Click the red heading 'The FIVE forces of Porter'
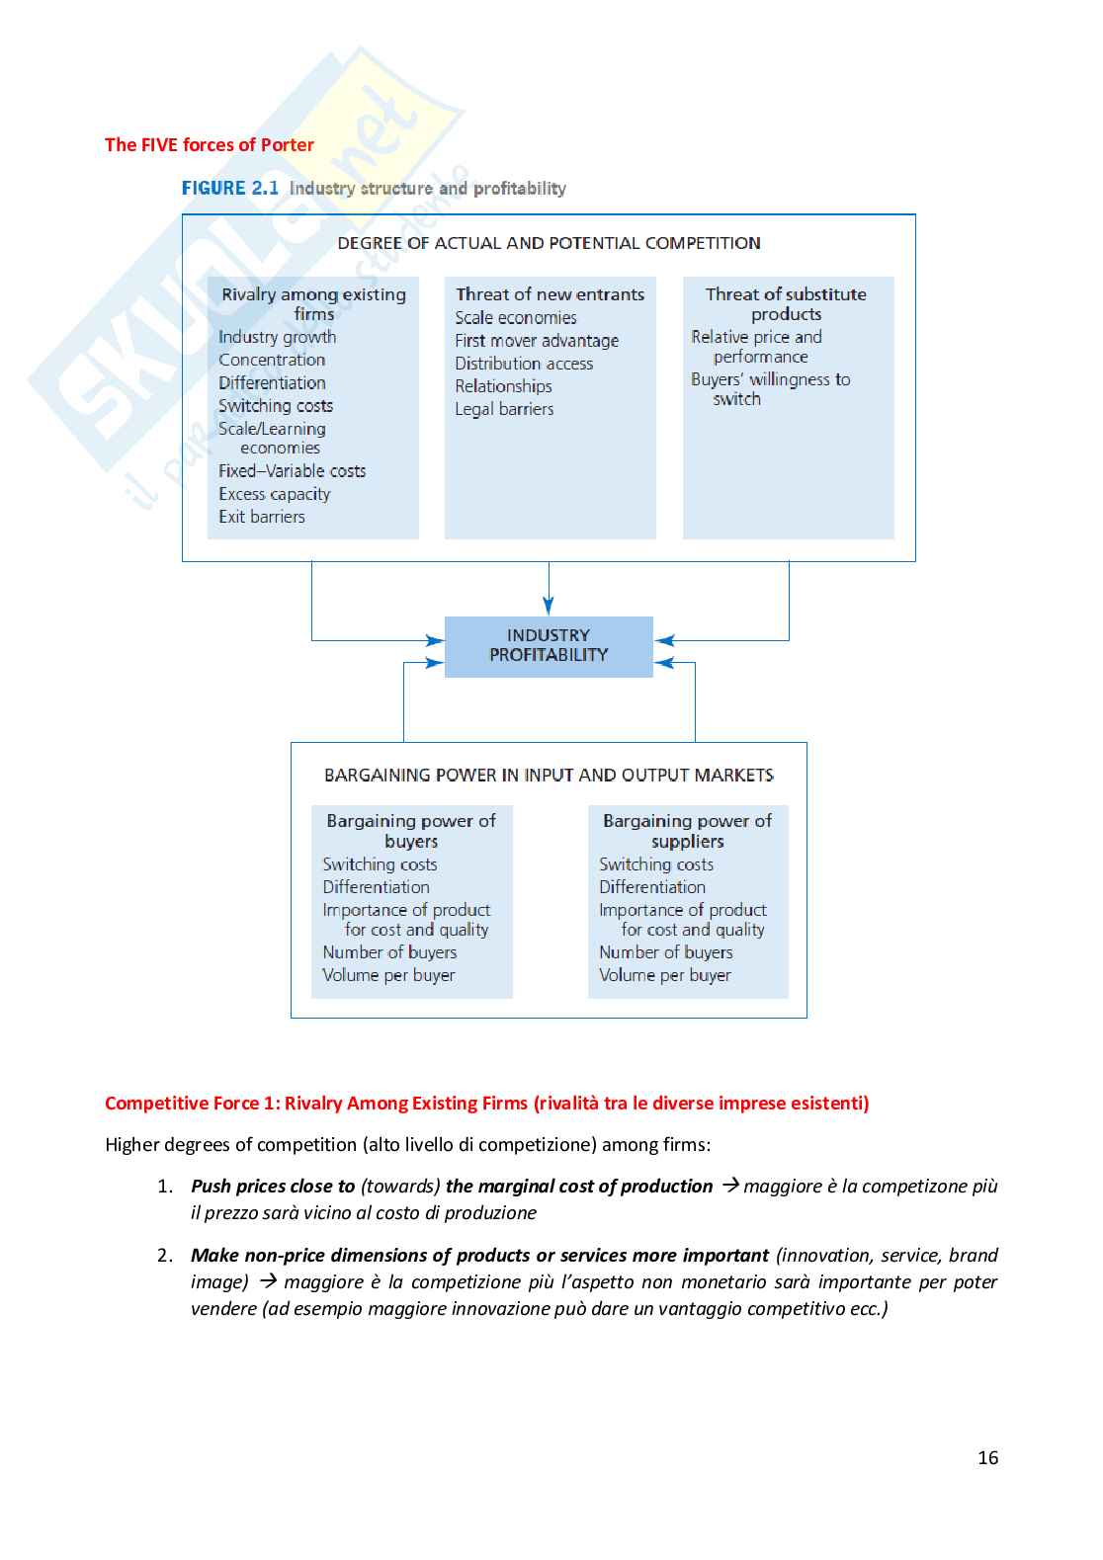click(209, 145)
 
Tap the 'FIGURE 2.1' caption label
click(230, 188)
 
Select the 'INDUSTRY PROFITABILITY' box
click(549, 646)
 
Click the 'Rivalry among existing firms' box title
click(313, 303)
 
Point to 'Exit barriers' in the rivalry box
click(262, 517)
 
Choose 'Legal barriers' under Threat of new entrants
click(504, 409)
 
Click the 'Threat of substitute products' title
click(786, 303)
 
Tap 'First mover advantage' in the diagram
click(537, 341)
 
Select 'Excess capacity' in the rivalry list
click(275, 494)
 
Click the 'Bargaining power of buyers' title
click(411, 831)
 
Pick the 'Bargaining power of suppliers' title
click(688, 831)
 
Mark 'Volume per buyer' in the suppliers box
click(665, 975)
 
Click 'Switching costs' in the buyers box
click(380, 864)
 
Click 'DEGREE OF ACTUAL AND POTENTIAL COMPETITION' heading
click(549, 243)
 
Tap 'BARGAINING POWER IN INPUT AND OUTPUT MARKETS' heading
click(549, 776)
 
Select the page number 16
click(987, 1458)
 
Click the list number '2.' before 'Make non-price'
click(165, 1256)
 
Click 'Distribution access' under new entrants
click(524, 364)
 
